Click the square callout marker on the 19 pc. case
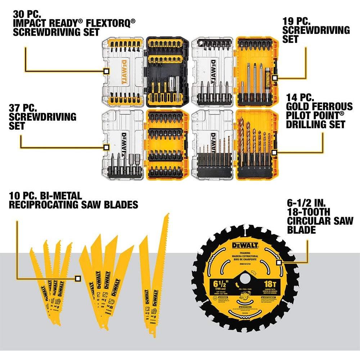coord(275,77)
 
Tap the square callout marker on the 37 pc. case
coord(106,147)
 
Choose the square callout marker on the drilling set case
coord(275,153)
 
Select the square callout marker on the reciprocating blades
coord(77,278)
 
